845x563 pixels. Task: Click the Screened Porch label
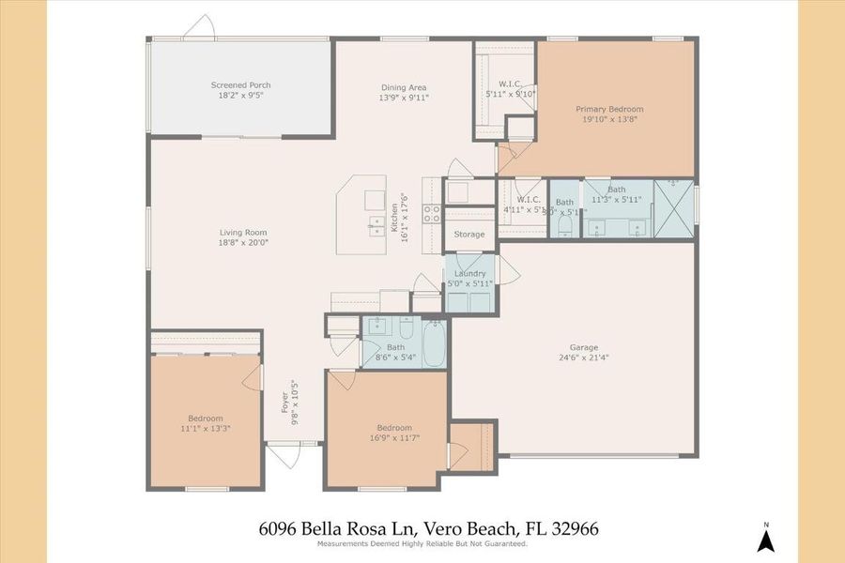(240, 85)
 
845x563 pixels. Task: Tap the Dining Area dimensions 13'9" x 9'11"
(404, 98)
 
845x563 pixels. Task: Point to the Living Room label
(243, 233)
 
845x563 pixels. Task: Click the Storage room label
(469, 235)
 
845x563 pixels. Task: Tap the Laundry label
(470, 274)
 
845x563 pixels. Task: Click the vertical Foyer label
(285, 401)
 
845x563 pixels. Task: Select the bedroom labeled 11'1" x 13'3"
(205, 418)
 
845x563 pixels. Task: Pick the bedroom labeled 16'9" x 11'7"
(393, 428)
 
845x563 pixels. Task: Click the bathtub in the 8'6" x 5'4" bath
(435, 344)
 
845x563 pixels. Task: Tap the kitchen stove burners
(433, 214)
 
